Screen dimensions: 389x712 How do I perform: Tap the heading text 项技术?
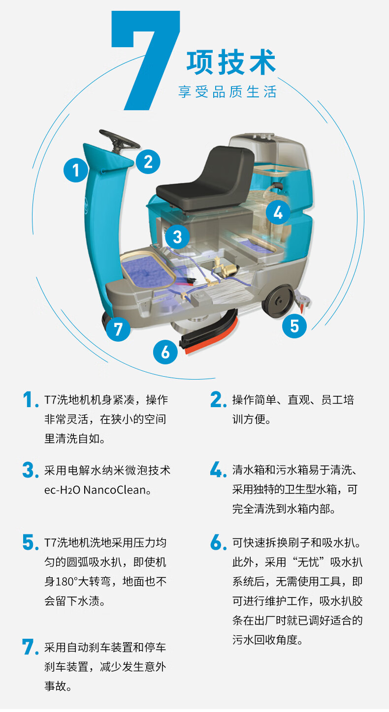[231, 62]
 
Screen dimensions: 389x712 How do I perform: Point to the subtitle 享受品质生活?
[227, 92]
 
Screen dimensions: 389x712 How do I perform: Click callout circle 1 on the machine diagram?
[76, 170]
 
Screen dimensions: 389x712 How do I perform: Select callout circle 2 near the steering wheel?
[148, 162]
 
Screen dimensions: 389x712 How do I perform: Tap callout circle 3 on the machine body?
[177, 237]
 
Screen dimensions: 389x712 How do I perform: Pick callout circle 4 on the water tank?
[278, 212]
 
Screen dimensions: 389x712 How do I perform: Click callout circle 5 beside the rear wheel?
[294, 326]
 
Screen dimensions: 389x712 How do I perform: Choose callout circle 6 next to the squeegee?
[165, 352]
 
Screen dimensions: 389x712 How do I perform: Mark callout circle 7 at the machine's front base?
[118, 329]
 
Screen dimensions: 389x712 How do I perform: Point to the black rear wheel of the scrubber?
[279, 300]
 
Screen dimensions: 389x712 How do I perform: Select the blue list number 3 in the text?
[30, 470]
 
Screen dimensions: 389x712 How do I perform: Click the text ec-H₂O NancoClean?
[97, 490]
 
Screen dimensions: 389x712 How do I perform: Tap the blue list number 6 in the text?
[218, 542]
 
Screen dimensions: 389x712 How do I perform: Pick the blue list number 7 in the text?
[30, 647]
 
